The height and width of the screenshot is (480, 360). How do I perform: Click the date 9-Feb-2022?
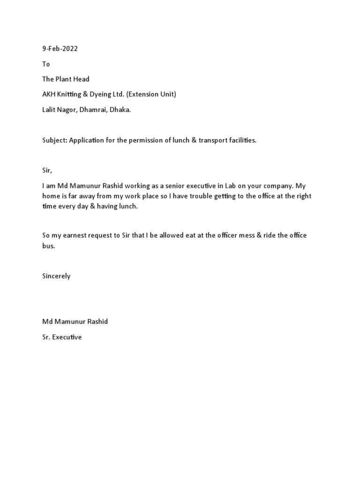point(60,49)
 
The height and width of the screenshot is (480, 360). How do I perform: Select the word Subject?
point(54,141)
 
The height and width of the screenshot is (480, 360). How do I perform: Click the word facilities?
point(242,141)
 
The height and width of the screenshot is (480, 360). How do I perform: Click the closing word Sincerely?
point(56,276)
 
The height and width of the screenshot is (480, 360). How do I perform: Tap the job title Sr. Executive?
point(62,337)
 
